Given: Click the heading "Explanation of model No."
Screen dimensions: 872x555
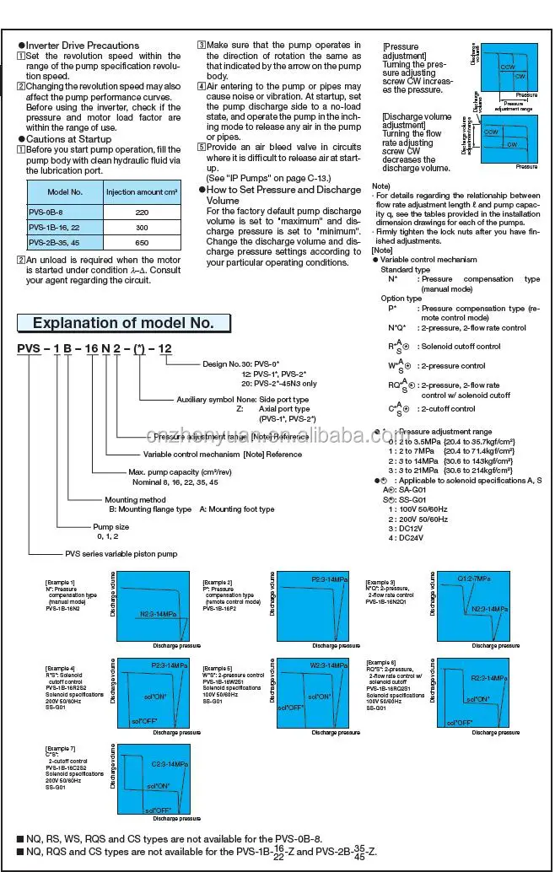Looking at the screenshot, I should [x=122, y=323].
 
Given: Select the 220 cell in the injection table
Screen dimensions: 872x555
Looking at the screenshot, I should [x=141, y=213].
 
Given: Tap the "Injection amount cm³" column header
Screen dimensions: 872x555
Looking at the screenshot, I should [x=141, y=192].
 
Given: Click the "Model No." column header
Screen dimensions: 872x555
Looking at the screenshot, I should [x=65, y=192].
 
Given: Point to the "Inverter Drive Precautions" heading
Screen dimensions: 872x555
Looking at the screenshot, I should [x=82, y=46].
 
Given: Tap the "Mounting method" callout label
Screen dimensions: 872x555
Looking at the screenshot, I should [x=135, y=500].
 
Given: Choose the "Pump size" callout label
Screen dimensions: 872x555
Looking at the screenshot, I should [x=110, y=526].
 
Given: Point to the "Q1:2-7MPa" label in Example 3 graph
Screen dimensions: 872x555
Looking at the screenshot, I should [x=474, y=579].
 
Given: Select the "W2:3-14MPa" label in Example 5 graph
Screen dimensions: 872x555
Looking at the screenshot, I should [x=328, y=666].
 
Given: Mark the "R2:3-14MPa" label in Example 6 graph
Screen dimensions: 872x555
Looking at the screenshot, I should [x=488, y=678].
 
